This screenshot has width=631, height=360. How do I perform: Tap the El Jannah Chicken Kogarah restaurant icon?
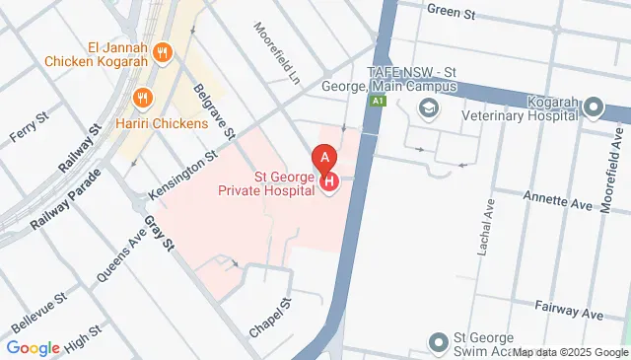click(x=166, y=51)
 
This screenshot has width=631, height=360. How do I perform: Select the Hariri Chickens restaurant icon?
click(x=144, y=99)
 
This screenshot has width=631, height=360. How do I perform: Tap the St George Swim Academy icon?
click(x=439, y=342)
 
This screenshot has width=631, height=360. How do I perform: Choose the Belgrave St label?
click(x=214, y=110)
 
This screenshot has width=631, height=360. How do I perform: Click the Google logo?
click(x=34, y=347)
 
